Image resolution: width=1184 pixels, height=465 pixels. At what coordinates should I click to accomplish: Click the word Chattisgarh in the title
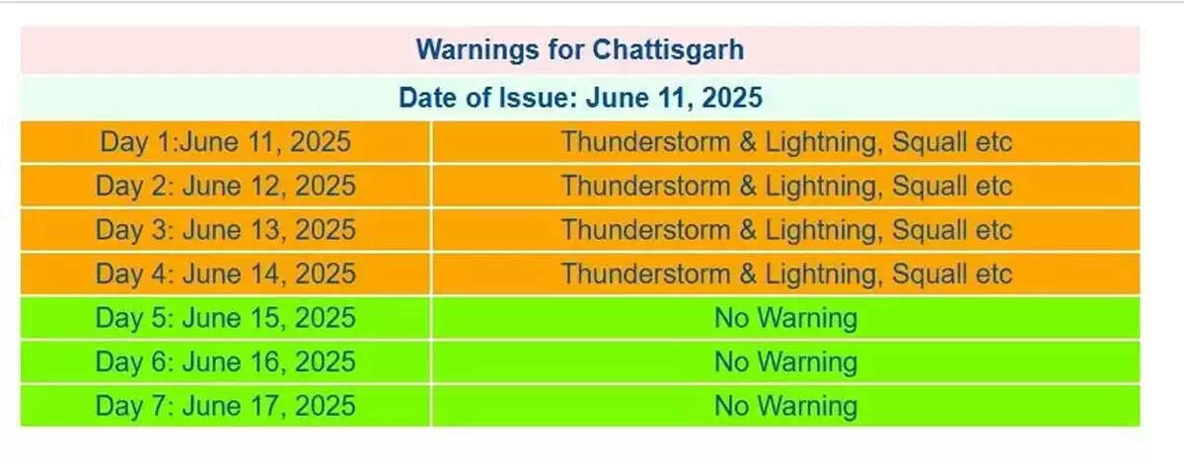click(668, 50)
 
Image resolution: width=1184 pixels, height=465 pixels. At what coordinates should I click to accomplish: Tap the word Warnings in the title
click(478, 50)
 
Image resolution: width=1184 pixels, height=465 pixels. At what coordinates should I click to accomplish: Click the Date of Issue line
click(580, 98)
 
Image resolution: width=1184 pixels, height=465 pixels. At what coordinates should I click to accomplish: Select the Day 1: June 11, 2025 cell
click(226, 142)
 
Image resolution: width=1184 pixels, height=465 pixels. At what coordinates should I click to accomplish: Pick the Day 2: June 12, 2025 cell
click(226, 187)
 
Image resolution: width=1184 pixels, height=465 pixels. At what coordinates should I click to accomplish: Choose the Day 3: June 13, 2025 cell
click(226, 230)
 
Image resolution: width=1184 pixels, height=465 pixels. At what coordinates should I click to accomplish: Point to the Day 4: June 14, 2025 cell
click(226, 274)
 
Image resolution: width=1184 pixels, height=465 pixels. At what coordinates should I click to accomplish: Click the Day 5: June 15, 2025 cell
click(226, 318)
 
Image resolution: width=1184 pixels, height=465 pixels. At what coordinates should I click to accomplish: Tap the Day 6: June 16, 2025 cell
click(226, 362)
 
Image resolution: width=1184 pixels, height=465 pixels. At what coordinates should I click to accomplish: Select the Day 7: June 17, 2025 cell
click(226, 406)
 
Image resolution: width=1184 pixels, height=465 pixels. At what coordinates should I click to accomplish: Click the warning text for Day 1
click(786, 142)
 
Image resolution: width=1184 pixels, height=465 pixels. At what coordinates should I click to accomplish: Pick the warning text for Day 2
click(786, 187)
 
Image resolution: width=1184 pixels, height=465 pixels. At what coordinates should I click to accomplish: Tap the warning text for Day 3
click(786, 230)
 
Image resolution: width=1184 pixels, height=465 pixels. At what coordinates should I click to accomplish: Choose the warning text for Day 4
click(786, 274)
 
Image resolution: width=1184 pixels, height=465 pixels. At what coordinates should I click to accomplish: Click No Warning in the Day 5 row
click(786, 318)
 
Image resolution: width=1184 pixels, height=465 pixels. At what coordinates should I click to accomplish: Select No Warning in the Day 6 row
click(786, 362)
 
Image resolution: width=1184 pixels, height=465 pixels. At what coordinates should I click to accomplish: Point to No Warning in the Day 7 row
click(786, 406)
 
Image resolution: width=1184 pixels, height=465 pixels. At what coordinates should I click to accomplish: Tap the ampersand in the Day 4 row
click(748, 274)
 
